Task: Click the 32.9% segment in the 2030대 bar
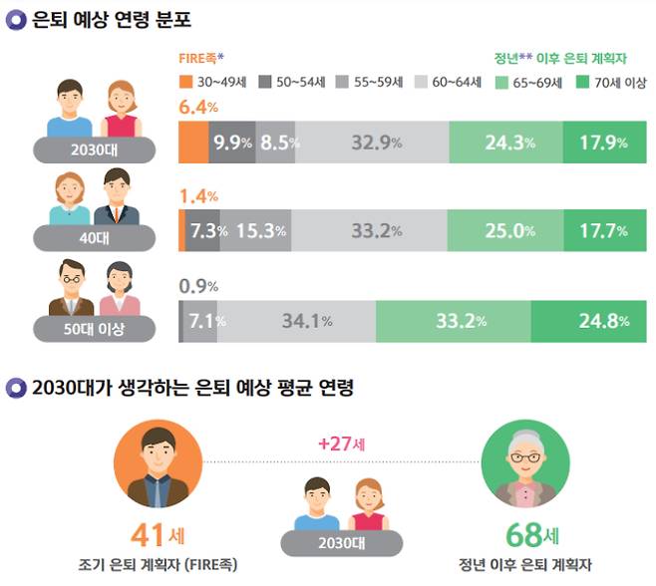tap(371, 143)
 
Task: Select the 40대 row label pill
tap(95, 237)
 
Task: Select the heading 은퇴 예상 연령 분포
tap(97, 19)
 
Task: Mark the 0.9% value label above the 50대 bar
tap(198, 287)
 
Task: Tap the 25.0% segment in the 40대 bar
tap(505, 231)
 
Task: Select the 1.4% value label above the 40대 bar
tap(198, 197)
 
